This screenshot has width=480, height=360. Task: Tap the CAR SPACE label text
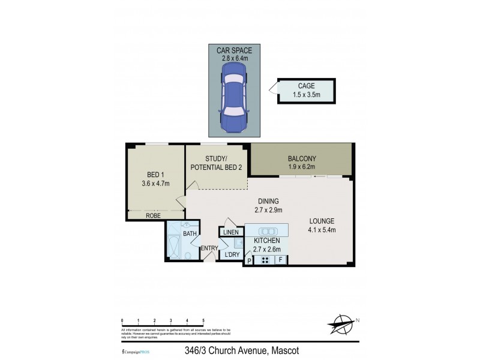tap(234, 51)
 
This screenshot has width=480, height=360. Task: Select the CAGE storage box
tap(306, 91)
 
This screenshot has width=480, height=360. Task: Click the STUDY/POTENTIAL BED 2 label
tap(215, 163)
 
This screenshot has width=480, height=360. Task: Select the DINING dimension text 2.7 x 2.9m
tap(268, 210)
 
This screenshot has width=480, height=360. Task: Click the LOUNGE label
tap(322, 221)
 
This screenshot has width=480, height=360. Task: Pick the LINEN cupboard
tap(231, 232)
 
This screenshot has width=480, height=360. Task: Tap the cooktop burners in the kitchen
tap(263, 260)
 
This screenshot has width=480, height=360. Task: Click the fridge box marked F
tap(280, 260)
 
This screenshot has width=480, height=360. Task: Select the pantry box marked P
tap(249, 260)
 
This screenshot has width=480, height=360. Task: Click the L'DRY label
tap(232, 255)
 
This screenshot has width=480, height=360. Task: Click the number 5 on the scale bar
tap(203, 321)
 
